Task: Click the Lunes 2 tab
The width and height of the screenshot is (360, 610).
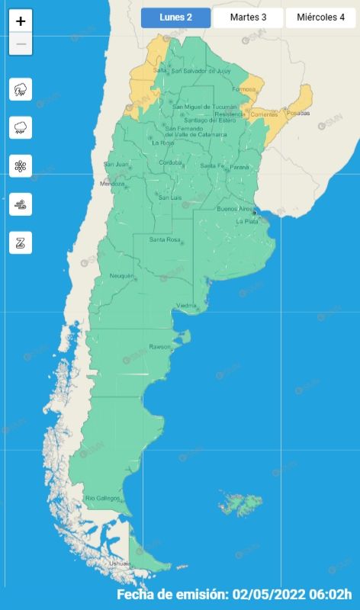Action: point(175,18)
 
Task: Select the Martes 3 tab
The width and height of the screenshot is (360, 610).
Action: point(248,18)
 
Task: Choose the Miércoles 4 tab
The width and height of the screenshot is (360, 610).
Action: point(320,18)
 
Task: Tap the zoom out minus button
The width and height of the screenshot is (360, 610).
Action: point(21,44)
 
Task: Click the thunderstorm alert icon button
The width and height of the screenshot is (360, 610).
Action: point(21,89)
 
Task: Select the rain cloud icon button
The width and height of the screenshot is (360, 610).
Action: point(21,127)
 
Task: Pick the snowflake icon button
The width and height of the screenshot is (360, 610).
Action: point(21,165)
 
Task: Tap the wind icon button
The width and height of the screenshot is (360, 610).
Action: point(21,204)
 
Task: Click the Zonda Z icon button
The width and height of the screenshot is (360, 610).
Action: point(21,242)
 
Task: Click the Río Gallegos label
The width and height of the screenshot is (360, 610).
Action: point(102,498)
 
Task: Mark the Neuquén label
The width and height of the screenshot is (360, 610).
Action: point(121,275)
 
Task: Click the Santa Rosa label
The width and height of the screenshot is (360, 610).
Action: point(164,240)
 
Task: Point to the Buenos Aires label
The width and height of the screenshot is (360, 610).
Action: point(235,208)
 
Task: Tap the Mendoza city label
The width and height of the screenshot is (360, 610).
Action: point(111,184)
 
